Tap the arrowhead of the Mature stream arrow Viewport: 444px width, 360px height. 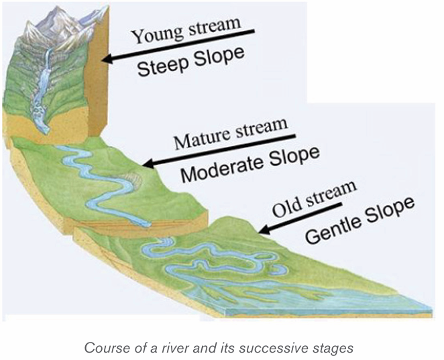(148, 163)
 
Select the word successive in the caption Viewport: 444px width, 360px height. (266, 348)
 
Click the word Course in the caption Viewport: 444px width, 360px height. (101, 348)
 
